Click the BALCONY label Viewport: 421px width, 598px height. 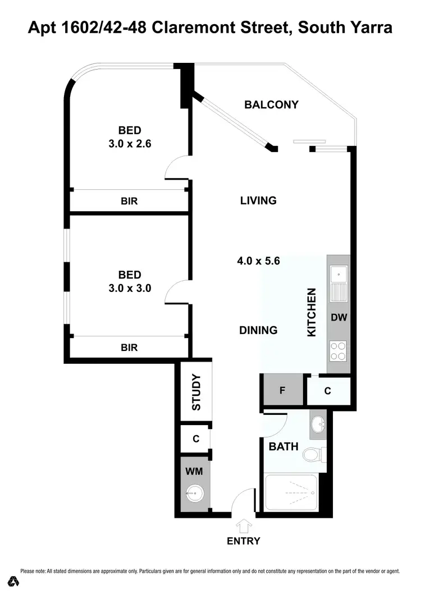point(271,104)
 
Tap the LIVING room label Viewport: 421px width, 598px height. point(258,200)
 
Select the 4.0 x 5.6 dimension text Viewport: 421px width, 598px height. point(258,261)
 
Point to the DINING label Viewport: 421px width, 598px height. point(258,330)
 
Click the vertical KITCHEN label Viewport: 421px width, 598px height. point(313,312)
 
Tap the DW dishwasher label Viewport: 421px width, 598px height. point(339,317)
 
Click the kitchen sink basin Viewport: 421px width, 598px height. point(338,275)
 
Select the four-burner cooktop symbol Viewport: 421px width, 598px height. point(338,350)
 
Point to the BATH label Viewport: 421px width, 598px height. point(283,447)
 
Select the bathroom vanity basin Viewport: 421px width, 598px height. point(317,423)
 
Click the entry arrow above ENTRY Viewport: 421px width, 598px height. point(244,526)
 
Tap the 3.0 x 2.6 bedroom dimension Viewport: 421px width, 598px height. point(130,143)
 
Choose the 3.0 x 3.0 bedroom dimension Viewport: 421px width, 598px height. point(130,288)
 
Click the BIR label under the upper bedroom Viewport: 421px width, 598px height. point(129,200)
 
